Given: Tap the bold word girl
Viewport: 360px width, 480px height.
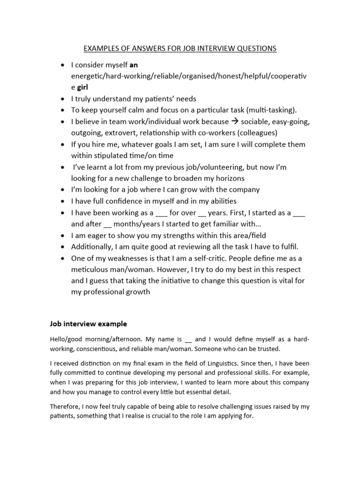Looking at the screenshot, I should tap(82, 87).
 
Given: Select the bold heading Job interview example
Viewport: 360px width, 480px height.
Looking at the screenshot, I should tap(88, 323).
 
